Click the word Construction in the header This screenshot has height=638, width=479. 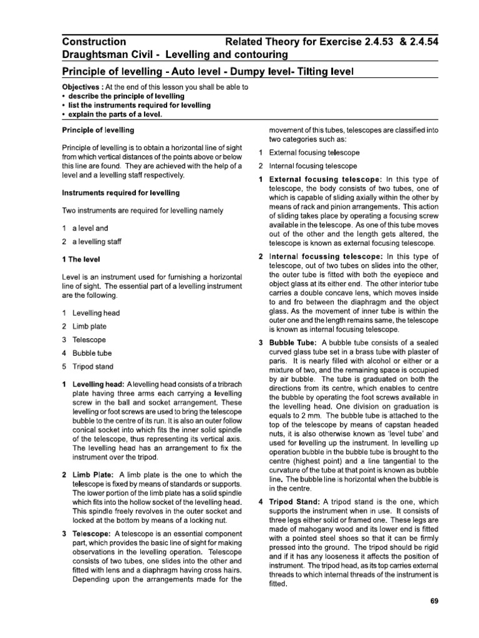pyautogui.click(x=94, y=42)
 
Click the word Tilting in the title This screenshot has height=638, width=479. pyautogui.click(x=330, y=72)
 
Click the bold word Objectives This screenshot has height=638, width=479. pyautogui.click(x=84, y=87)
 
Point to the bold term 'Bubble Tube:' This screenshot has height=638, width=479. pyautogui.click(x=294, y=343)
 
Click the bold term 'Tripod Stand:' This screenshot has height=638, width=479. pyautogui.click(x=296, y=502)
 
